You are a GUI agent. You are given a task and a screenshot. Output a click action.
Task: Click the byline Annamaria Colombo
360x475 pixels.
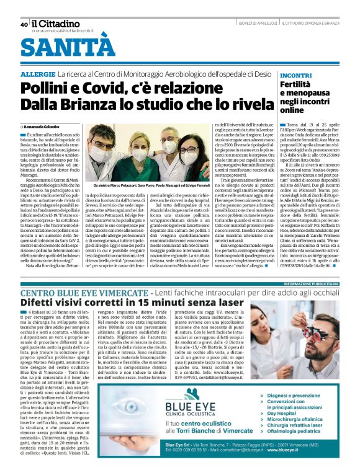[43, 127]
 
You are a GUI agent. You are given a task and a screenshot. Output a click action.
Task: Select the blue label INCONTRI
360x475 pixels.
[296, 75]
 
